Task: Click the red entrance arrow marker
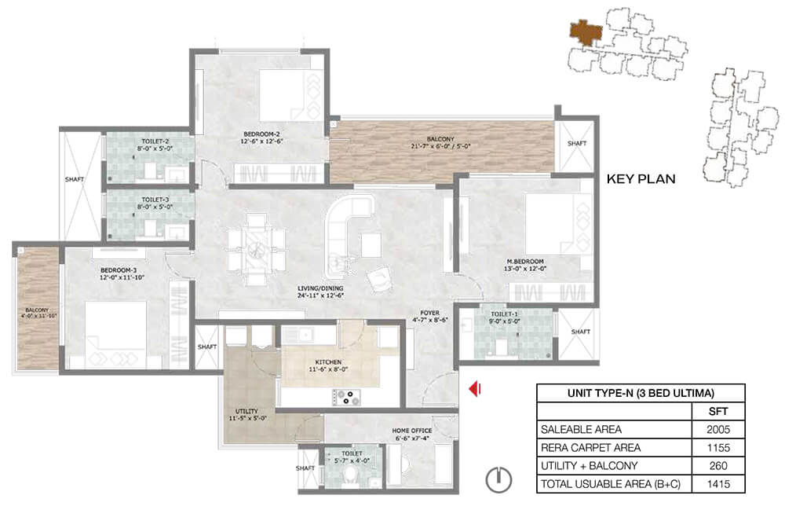475,388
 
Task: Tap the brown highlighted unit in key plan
586,32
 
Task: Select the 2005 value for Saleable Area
718,429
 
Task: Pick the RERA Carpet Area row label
591,447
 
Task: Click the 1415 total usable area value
718,484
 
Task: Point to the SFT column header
718,411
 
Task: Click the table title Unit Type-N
641,393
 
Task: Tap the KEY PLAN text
641,179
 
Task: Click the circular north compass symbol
498,479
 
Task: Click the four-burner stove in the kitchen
346,398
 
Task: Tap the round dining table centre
256,249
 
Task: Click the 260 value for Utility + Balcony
718,466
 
